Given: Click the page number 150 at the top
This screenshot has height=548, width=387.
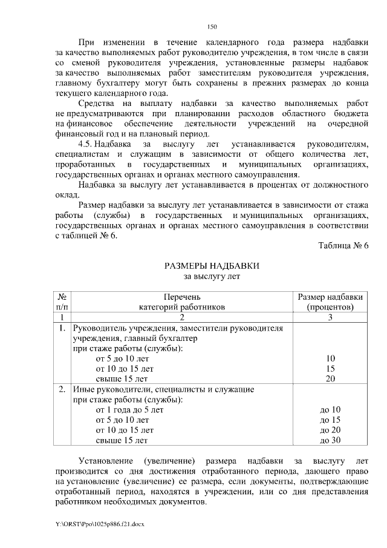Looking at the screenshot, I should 212,27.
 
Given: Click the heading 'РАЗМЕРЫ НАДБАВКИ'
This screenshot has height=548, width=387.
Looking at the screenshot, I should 212,266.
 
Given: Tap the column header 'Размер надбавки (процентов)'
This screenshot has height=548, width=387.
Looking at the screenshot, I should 331,302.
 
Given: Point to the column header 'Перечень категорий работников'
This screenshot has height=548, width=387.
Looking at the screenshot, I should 181,302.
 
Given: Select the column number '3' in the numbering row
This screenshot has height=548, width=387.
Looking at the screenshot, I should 331,317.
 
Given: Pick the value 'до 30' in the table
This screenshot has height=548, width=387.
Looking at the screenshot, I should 331,440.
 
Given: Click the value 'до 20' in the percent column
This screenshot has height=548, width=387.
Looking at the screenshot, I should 331,430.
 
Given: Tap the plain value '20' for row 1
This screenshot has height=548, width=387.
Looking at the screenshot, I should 331,378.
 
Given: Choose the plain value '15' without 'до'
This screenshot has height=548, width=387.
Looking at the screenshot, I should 331,368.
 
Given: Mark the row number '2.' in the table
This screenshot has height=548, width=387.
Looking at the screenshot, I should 62,389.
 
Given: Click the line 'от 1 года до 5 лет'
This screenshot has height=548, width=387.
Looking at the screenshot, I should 129,409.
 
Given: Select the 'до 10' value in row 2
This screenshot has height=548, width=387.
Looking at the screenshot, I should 331,409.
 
